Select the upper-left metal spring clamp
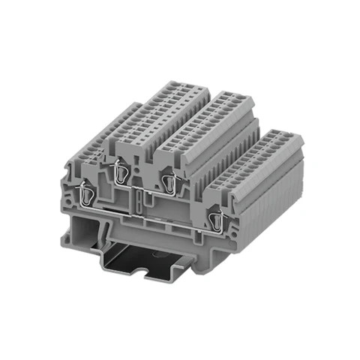(x=118, y=174)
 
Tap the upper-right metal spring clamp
(x=171, y=182)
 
